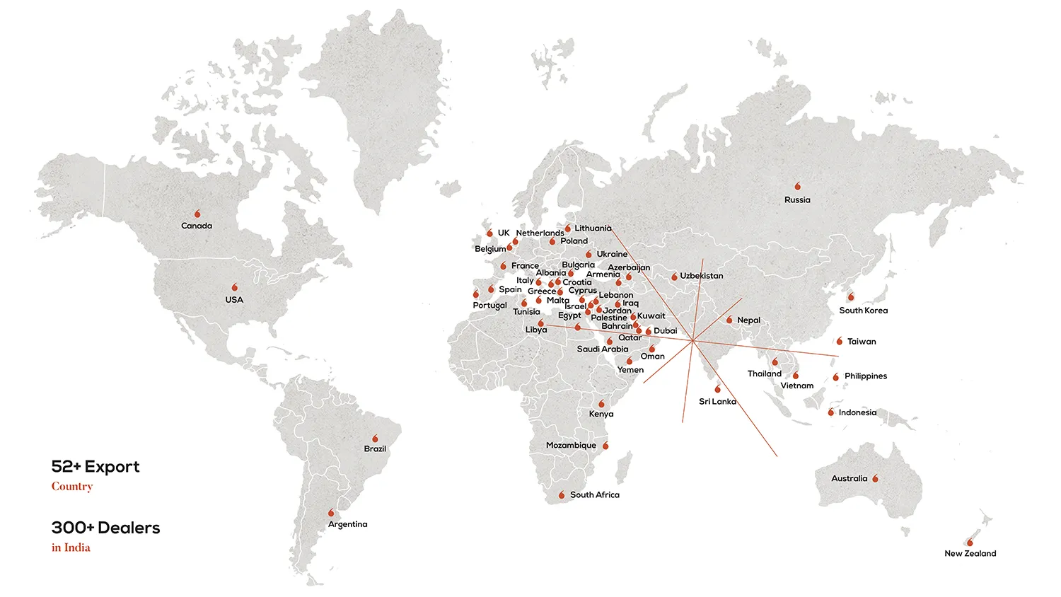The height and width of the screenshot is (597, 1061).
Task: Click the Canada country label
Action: tap(197, 226)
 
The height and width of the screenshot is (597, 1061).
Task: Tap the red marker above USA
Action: tap(235, 287)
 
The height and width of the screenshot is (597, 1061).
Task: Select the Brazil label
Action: tap(375, 449)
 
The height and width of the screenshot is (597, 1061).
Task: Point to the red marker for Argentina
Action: tap(331, 513)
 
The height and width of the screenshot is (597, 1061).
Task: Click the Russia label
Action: tap(797, 200)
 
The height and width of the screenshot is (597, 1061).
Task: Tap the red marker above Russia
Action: tap(798, 186)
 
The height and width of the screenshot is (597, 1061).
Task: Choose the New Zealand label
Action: tap(970, 554)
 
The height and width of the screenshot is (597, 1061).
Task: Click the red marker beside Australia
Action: tap(876, 479)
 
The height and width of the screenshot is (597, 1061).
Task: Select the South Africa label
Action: tap(594, 495)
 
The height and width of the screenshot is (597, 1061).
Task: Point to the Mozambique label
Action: tap(571, 446)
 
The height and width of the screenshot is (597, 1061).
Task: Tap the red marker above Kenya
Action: tap(602, 404)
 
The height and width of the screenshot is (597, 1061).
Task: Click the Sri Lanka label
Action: tap(717, 402)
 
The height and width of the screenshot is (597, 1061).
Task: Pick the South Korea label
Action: tap(863, 311)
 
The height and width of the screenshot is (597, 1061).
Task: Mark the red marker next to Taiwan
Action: tap(840, 342)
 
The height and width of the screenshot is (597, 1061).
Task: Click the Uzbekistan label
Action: tap(702, 276)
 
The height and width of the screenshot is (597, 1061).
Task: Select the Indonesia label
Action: tap(857, 413)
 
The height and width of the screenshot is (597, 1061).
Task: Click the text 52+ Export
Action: tap(95, 467)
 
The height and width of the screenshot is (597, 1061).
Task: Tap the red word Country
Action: tap(72, 487)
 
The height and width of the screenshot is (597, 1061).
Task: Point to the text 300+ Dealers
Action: tap(105, 528)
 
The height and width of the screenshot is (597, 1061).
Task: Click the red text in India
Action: tap(71, 547)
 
